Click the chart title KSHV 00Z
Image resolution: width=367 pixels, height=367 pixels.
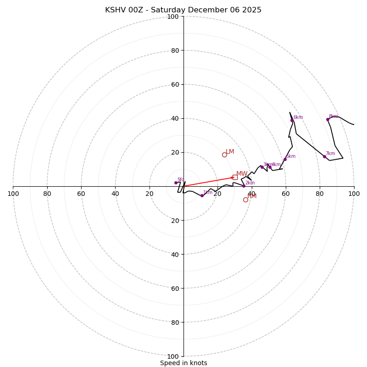coord(183,10)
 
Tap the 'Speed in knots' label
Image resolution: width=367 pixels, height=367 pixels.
coord(183,363)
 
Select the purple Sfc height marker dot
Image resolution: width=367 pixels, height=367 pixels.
coord(176,183)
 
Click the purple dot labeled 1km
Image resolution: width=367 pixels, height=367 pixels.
coord(202,195)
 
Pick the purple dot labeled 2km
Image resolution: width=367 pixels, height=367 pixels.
coord(244,186)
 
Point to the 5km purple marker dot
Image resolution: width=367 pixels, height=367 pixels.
coord(285,160)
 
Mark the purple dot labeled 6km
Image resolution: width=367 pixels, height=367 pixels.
coord(292,120)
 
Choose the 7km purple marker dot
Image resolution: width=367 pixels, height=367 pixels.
coord(324,156)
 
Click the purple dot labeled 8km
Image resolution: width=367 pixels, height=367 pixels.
coord(328,119)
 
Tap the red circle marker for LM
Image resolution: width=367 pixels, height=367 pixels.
coord(224,155)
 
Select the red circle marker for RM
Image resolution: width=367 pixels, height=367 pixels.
coord(245,200)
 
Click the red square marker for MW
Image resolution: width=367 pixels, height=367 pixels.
coord(235,177)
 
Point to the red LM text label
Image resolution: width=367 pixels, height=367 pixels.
coord(230,152)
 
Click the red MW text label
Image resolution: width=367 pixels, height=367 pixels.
coord(242,174)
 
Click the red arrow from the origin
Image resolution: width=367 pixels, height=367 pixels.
coord(209,182)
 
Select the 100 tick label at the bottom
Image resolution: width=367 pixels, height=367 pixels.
coord(173,356)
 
